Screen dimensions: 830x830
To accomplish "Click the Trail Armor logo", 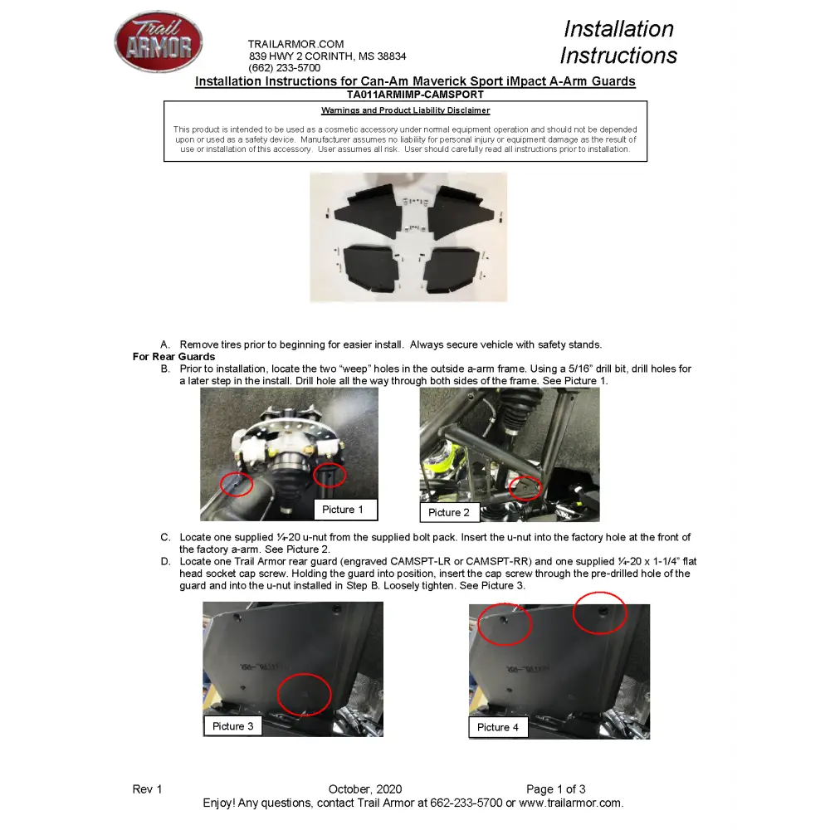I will tap(158, 42).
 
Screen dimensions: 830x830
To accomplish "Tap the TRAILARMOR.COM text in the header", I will tap(295, 44).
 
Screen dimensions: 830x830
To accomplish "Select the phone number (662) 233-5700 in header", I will tap(284, 68).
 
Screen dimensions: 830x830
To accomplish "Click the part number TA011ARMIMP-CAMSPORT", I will tap(415, 95).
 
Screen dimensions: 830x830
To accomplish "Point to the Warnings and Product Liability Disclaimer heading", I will tap(405, 110).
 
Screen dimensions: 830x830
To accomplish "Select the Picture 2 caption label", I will tap(449, 513).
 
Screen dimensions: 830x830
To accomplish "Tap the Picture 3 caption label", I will tap(232, 726).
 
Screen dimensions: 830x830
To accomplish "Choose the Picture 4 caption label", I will tap(498, 727).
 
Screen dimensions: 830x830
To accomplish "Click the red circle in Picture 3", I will tap(304, 694).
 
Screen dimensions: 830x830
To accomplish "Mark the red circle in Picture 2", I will tap(525, 487).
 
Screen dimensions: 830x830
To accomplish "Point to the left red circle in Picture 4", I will tap(505, 624).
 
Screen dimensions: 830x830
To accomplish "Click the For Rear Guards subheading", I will tap(173, 357).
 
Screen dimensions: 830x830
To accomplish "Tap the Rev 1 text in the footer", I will tap(147, 789).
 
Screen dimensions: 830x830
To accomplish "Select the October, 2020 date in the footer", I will tap(365, 789).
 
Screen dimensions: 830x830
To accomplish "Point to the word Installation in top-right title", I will tap(618, 29).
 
